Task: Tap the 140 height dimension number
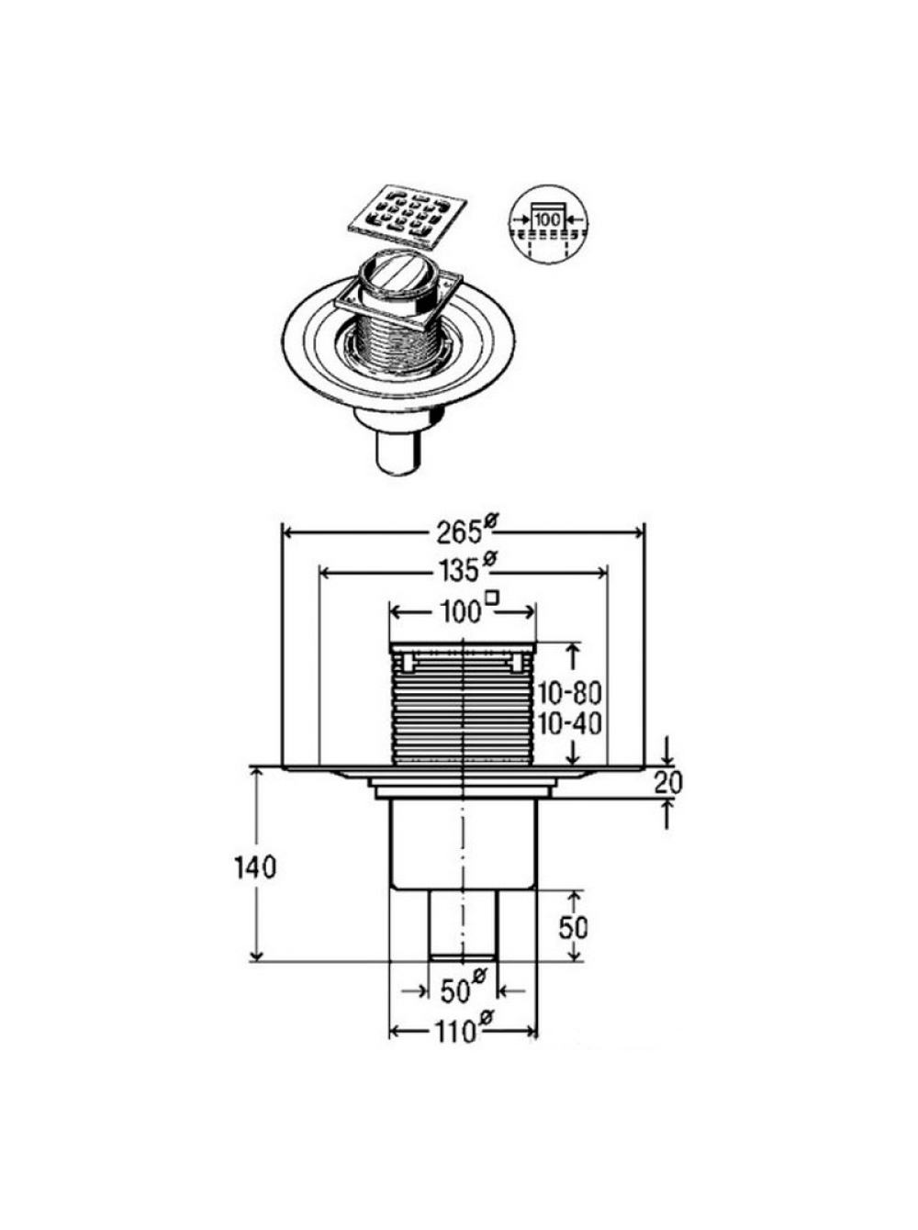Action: (x=255, y=884)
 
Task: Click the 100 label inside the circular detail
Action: (x=546, y=219)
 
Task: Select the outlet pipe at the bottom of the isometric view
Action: (x=397, y=449)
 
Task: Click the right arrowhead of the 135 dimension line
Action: (x=600, y=572)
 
